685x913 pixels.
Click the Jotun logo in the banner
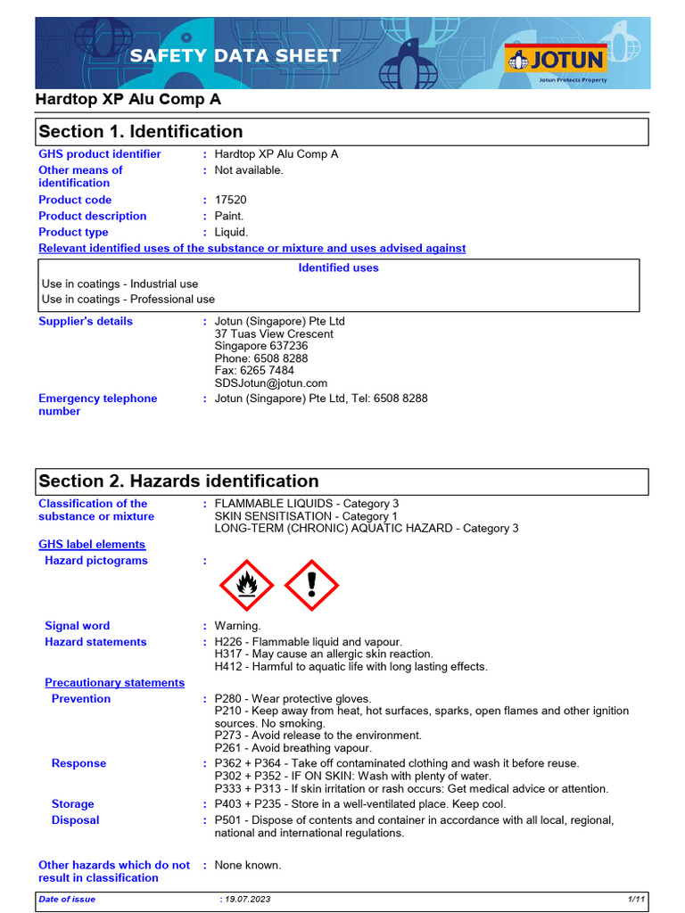tap(557, 60)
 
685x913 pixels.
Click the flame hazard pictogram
tap(248, 586)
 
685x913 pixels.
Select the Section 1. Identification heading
tap(141, 132)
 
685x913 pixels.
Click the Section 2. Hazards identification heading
tap(178, 481)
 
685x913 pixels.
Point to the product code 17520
tap(230, 201)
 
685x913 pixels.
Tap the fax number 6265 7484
tap(261, 371)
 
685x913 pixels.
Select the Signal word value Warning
tap(237, 626)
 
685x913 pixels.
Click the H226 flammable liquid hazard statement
tap(308, 642)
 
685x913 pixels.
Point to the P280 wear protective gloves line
tap(293, 699)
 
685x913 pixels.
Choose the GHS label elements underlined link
tap(92, 545)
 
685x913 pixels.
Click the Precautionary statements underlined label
tap(114, 683)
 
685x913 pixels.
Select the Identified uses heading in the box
tap(338, 268)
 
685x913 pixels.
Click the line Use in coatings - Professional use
tap(128, 300)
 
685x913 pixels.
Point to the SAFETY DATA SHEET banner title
tap(235, 56)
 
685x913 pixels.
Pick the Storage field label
tap(72, 804)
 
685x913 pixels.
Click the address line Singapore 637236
tap(261, 346)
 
